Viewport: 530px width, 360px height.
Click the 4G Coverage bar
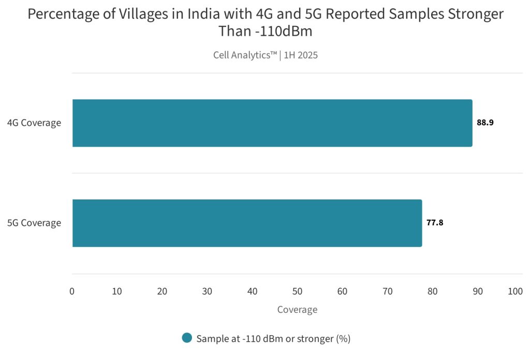click(x=272, y=123)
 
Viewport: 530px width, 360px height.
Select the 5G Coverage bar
click(x=247, y=223)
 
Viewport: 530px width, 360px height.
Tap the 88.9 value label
click(x=485, y=123)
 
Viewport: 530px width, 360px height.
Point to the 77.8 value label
click(x=435, y=223)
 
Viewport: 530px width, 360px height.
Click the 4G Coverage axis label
click(x=34, y=123)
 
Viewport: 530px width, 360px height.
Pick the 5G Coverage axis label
click(x=34, y=223)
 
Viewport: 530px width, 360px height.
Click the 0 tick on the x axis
click(x=72, y=292)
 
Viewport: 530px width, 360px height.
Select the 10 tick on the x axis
click(x=117, y=292)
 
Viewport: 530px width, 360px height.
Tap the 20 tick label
click(x=162, y=292)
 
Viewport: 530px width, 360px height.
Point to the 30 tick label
click(x=207, y=292)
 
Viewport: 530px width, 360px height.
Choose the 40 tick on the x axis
click(x=252, y=292)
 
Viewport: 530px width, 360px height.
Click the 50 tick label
click(x=297, y=292)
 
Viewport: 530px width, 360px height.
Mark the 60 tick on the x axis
click(x=342, y=292)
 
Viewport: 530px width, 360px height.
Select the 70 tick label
click(x=388, y=292)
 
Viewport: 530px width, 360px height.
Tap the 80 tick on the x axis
click(x=433, y=292)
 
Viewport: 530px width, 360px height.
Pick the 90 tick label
click(x=478, y=292)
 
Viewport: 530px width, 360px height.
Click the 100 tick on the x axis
click(x=516, y=292)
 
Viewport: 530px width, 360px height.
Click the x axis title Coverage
click(x=297, y=310)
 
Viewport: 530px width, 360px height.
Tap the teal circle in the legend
click(x=187, y=338)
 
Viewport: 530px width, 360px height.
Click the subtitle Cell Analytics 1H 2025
click(x=265, y=55)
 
